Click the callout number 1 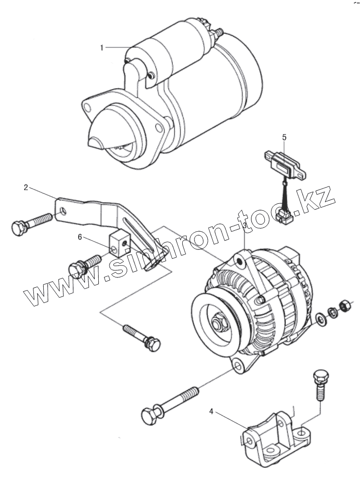click(x=102, y=48)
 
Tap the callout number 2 click(x=26, y=188)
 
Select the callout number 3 click(x=244, y=225)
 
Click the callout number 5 click(x=284, y=137)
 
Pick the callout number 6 click(x=80, y=238)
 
